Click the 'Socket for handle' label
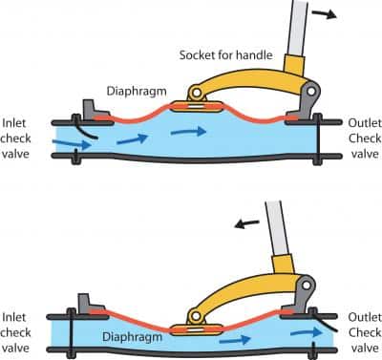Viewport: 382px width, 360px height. (225, 55)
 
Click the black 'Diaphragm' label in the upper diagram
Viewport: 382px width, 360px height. (137, 92)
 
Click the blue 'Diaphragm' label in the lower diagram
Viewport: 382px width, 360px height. (132, 337)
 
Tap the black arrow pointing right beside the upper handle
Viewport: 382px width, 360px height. (325, 13)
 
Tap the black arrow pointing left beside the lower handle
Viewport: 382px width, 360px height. (246, 223)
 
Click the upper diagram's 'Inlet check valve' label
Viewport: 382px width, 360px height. (16, 138)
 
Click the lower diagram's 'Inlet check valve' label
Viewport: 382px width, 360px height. (16, 332)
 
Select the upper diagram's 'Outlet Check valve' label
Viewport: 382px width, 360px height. (365, 138)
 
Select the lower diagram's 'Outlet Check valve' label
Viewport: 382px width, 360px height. (365, 332)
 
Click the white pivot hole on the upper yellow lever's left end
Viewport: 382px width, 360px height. (197, 93)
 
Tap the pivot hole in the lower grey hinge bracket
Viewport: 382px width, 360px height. (307, 286)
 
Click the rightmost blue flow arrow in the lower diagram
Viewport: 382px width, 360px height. (307, 332)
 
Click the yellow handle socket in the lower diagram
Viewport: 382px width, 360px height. (283, 265)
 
